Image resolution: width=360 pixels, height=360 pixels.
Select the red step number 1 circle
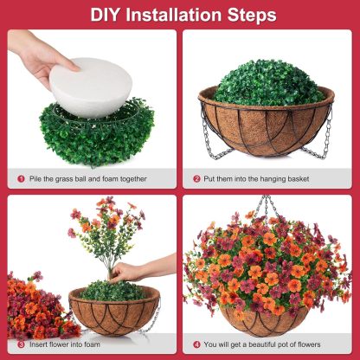point(21,179)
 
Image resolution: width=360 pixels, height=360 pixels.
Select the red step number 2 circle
point(196,179)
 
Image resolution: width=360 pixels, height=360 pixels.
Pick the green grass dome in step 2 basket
point(267,83)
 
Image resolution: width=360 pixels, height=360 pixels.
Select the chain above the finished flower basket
point(270,209)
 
